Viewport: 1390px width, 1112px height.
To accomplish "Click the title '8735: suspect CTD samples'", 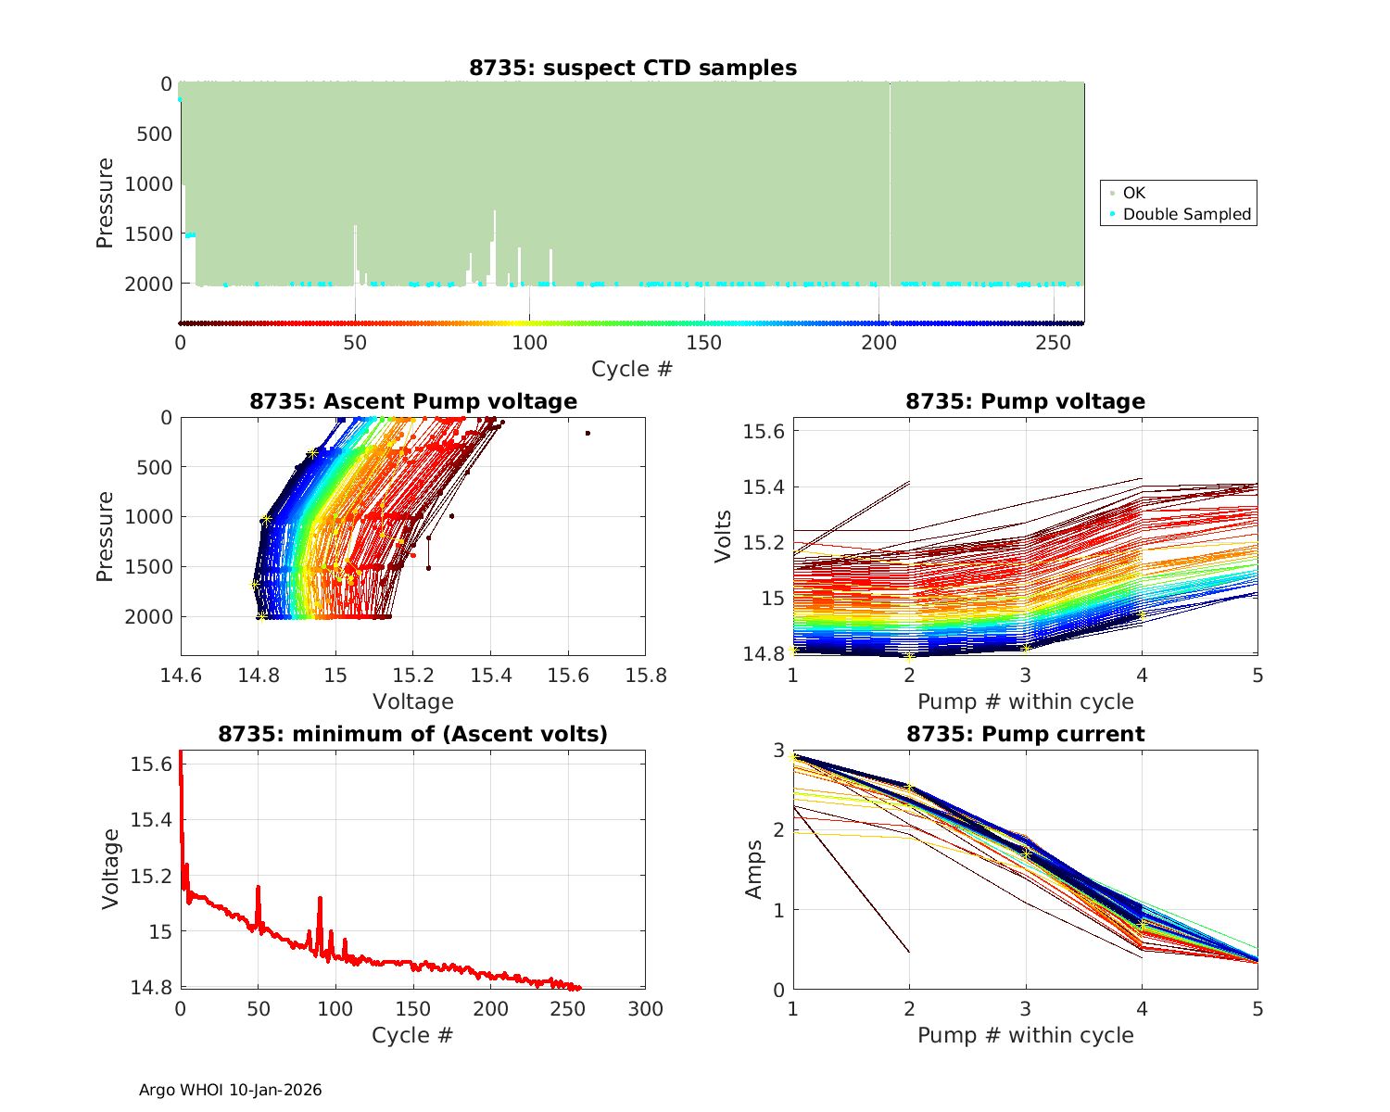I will pos(632,68).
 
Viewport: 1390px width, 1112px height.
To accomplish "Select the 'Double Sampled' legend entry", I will pos(1186,214).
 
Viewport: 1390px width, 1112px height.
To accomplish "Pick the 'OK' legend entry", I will pos(1133,193).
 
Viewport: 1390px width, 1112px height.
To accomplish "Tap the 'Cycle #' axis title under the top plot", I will pos(632,369).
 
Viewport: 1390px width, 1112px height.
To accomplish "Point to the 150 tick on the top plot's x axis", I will pos(704,342).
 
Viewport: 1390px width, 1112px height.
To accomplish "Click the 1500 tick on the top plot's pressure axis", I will pos(148,234).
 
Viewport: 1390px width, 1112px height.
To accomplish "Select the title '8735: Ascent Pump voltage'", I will pos(413,401).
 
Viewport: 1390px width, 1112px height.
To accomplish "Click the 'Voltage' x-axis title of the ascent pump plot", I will pos(413,701).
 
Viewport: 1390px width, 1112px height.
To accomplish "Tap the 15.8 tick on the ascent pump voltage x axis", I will pos(645,675).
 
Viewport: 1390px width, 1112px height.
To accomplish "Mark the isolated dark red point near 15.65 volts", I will pos(588,433).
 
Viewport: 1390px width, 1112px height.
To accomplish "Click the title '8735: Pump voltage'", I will pos(1025,401).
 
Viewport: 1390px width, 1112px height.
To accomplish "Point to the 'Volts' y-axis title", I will pos(724,536).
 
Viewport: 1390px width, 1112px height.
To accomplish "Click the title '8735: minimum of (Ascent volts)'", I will pos(413,734).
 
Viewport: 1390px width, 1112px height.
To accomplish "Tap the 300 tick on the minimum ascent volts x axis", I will pos(645,1008).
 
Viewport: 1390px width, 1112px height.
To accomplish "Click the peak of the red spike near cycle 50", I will pos(258,887).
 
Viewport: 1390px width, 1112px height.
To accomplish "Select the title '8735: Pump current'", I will pos(1025,734).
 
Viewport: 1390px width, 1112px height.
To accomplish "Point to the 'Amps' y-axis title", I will pos(754,869).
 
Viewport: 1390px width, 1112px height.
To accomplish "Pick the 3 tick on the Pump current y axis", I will pos(778,751).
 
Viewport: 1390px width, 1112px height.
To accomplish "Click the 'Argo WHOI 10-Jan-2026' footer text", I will pos(231,1090).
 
